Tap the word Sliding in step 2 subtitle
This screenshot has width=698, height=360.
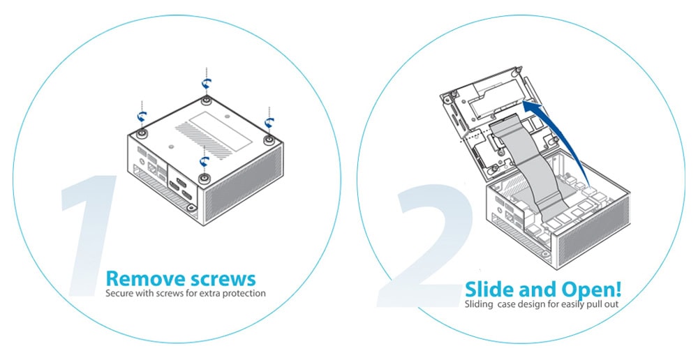[479, 305]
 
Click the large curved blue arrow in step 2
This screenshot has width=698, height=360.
[565, 133]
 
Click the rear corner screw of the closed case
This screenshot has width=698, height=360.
[206, 100]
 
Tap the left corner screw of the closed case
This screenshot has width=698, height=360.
[142, 133]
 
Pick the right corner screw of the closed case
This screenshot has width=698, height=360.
[269, 140]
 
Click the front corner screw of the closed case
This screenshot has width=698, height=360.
[204, 179]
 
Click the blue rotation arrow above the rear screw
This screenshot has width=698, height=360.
[206, 84]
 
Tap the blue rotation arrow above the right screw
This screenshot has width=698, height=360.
[269, 122]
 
